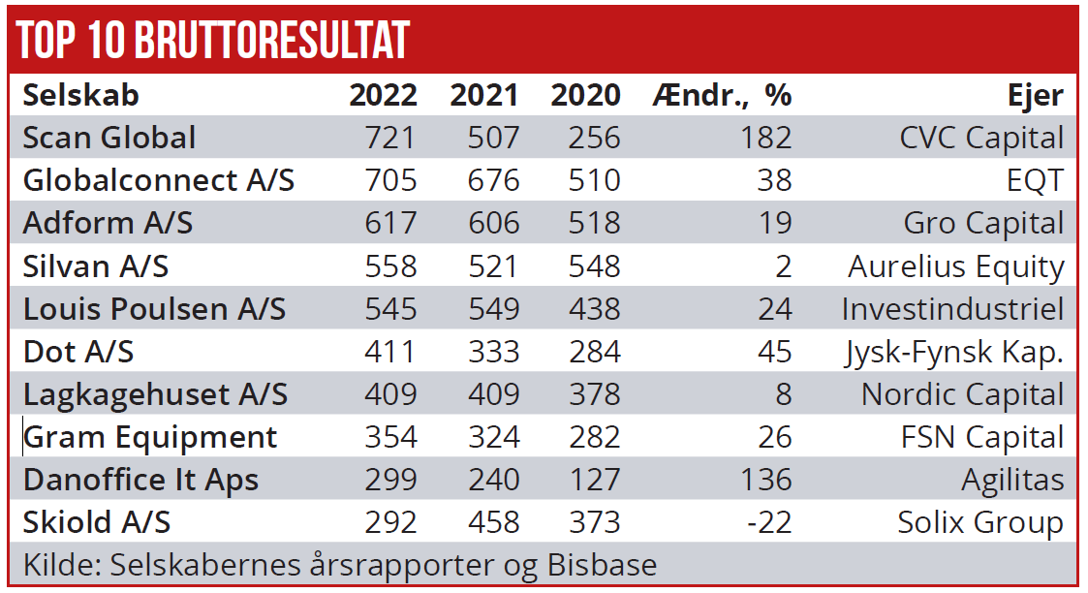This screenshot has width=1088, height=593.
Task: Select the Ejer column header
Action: point(1035,95)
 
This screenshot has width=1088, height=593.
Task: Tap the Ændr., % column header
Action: point(723,95)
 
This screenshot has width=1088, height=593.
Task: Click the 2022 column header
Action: point(384,95)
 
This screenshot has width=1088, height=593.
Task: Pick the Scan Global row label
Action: point(109,138)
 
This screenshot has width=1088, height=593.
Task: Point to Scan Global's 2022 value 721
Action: point(390,138)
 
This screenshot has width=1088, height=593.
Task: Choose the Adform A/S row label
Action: point(108,223)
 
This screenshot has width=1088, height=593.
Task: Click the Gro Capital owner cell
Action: point(983,223)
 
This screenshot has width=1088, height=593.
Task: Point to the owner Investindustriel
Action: point(952,309)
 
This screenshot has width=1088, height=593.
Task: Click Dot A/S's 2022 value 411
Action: point(390,352)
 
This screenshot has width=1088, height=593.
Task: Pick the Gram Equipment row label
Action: point(150,437)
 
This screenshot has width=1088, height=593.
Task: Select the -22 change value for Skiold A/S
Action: point(769,522)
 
